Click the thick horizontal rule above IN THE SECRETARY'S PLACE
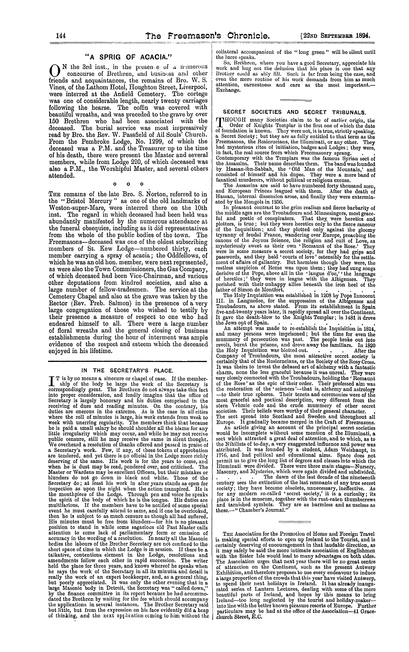click(127, 361)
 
